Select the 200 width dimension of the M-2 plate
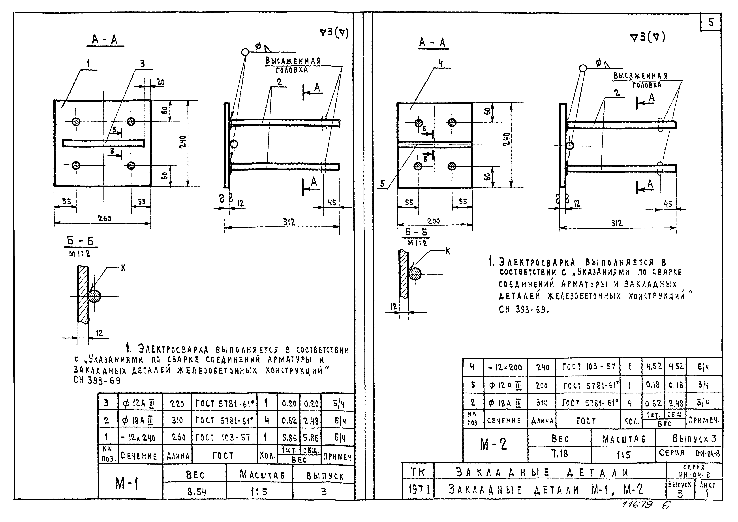pyautogui.click(x=434, y=221)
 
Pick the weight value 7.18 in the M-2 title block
pyautogui.click(x=560, y=454)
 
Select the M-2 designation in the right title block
pyautogui.click(x=493, y=444)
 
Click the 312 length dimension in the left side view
pyautogui.click(x=289, y=222)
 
